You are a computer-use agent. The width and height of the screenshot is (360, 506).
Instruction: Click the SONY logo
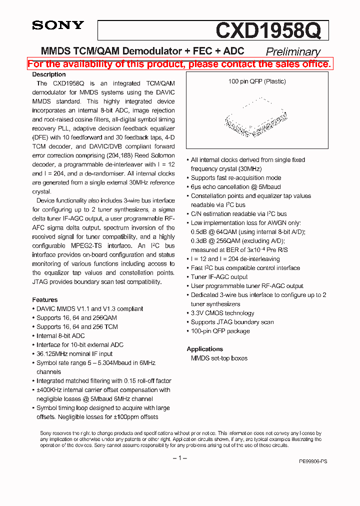(58, 25)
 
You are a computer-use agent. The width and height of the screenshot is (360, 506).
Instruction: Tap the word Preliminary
(293, 51)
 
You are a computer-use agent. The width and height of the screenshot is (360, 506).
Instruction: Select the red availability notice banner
(179, 64)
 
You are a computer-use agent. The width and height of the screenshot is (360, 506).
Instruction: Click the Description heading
(49, 74)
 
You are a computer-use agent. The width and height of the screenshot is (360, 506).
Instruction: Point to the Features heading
(45, 299)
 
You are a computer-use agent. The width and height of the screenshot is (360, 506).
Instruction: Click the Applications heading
(204, 349)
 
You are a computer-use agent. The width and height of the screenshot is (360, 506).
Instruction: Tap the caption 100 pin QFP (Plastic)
(257, 81)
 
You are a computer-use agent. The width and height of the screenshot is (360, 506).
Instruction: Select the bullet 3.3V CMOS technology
(222, 313)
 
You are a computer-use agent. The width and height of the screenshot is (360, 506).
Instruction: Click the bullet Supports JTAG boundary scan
(232, 322)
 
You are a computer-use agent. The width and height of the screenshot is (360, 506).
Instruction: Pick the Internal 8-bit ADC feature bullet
(60, 335)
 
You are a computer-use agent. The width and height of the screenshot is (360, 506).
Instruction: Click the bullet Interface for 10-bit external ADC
(79, 344)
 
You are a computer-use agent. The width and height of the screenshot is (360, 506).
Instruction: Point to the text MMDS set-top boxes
(219, 358)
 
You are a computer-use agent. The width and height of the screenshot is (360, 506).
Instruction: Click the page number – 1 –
(179, 458)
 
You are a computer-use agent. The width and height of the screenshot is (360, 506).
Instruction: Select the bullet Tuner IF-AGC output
(219, 277)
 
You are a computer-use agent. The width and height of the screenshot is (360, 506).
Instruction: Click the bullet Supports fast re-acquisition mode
(236, 178)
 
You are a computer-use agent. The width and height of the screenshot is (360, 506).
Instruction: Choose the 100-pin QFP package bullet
(220, 331)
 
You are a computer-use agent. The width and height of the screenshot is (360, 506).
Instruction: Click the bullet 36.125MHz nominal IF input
(74, 353)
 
